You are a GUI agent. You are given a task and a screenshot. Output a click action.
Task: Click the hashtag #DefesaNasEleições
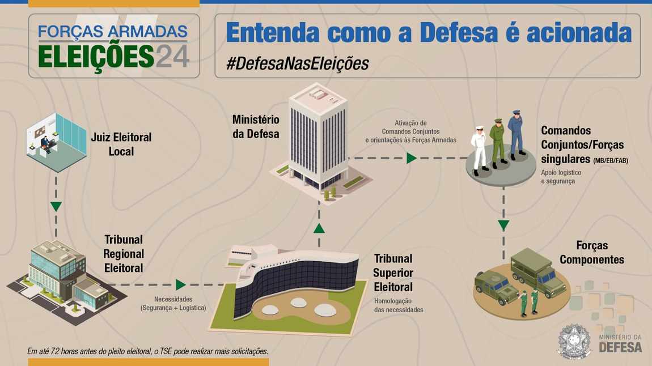pyautogui.click(x=297, y=63)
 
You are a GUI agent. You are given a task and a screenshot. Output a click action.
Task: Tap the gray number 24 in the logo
pyautogui.click(x=172, y=57)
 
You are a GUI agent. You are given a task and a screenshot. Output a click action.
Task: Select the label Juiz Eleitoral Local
pyautogui.click(x=121, y=144)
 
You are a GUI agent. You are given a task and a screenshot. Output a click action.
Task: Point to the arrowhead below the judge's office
pyautogui.click(x=56, y=206)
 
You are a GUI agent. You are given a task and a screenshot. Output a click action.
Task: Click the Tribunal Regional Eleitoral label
pyautogui.click(x=124, y=254)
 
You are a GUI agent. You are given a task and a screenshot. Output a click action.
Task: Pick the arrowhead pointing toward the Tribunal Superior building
pyautogui.click(x=180, y=284)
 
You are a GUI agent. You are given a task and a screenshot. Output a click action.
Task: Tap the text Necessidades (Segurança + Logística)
pyautogui.click(x=173, y=303)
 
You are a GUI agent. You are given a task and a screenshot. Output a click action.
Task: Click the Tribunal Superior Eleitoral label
pyautogui.click(x=393, y=273)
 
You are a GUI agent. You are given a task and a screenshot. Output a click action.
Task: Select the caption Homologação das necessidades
pyautogui.click(x=399, y=305)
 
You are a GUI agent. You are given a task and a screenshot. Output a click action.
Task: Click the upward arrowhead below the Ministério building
pyautogui.click(x=319, y=228)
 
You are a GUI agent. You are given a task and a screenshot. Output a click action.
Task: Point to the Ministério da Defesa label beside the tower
pyautogui.click(x=256, y=127)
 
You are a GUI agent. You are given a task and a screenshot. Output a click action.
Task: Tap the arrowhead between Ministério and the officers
pyautogui.click(x=411, y=158)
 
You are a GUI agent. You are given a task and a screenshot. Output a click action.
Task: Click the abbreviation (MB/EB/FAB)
pyautogui.click(x=611, y=160)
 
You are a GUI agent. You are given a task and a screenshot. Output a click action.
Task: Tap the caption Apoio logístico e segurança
pyautogui.click(x=561, y=177)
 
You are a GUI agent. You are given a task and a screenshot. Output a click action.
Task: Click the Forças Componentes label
pyautogui.click(x=592, y=253)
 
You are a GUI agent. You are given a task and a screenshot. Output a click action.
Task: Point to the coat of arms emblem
pyautogui.click(x=575, y=342)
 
